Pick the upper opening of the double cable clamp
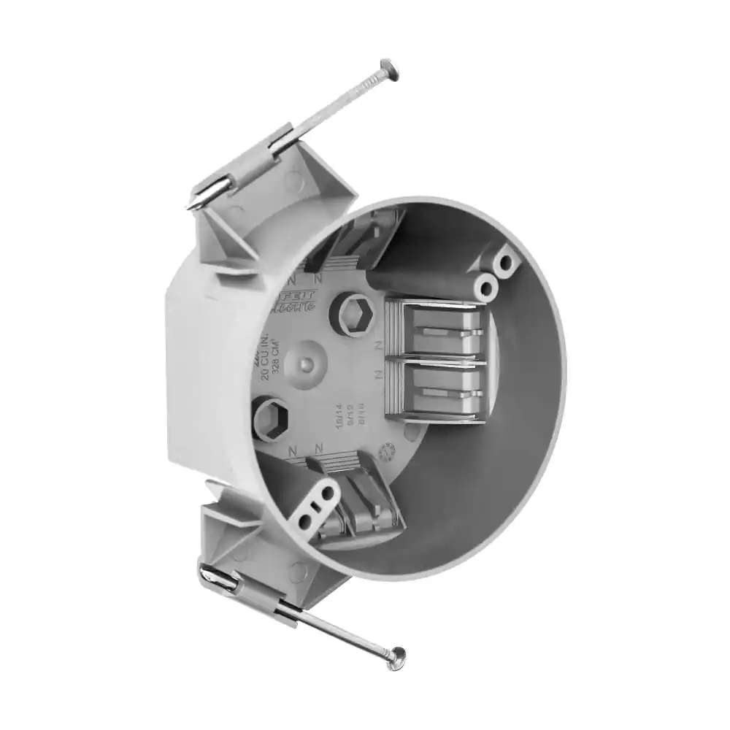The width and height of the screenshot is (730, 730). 445,328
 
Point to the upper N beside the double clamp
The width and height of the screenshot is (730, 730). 380,342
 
